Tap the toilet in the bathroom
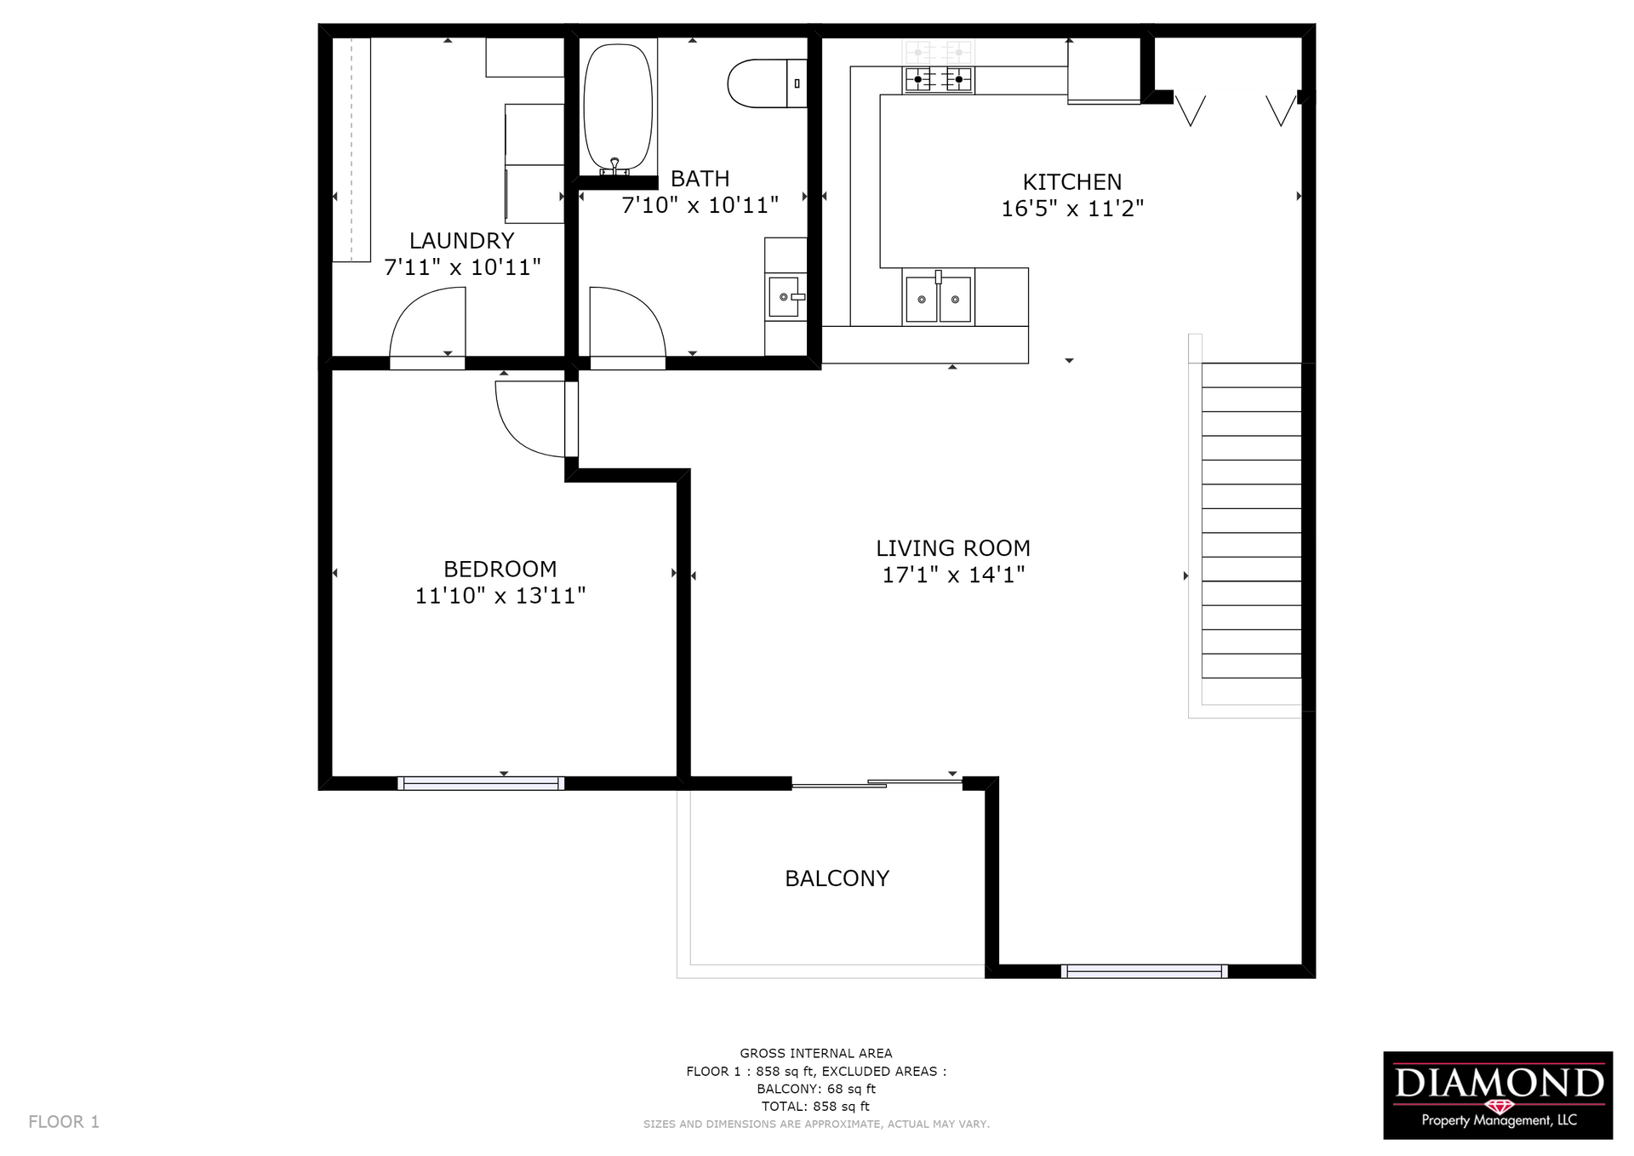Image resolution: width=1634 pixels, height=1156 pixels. pyautogui.click(x=764, y=83)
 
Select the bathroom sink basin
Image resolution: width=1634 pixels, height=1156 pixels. pyautogui.click(x=784, y=297)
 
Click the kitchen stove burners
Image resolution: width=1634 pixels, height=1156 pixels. pyautogui.click(x=938, y=79)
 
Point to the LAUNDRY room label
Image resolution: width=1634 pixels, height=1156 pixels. pyautogui.click(x=461, y=241)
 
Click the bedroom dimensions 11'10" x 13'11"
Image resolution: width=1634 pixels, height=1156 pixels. pyautogui.click(x=500, y=596)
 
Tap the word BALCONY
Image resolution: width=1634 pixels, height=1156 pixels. pyautogui.click(x=837, y=878)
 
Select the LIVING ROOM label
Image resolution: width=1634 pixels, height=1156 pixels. pyautogui.click(x=953, y=548)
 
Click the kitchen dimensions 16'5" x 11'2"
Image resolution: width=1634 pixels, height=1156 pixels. pyautogui.click(x=1071, y=209)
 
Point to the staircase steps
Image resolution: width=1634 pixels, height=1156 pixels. pyautogui.click(x=1250, y=532)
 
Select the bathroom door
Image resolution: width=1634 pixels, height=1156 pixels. pyautogui.click(x=626, y=328)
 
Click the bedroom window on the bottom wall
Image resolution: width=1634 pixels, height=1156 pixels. pyautogui.click(x=481, y=783)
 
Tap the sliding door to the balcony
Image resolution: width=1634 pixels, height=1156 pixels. pyautogui.click(x=877, y=783)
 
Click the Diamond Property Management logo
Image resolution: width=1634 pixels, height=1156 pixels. pyautogui.click(x=1497, y=1095)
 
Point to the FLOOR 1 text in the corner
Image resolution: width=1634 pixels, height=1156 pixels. pyautogui.click(x=64, y=1122)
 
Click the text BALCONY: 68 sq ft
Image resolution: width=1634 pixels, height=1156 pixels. pyautogui.click(x=815, y=1089)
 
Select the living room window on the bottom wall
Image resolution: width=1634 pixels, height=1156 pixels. pyautogui.click(x=1144, y=971)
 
